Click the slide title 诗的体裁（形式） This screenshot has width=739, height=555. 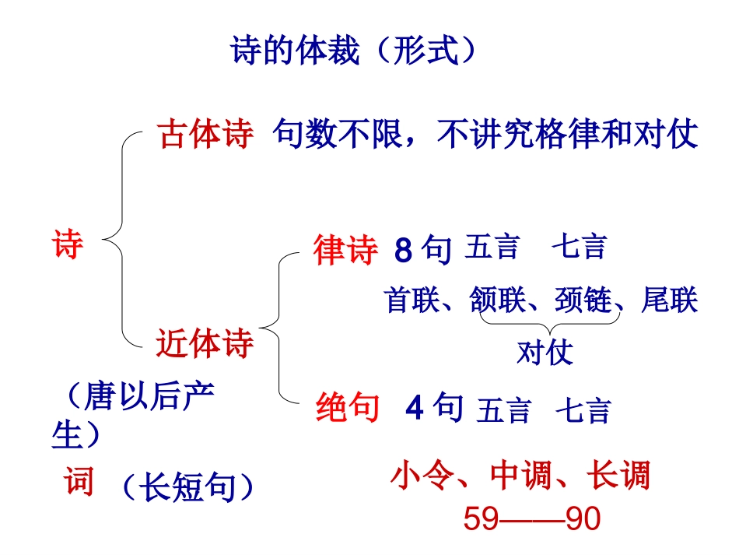[x=354, y=51]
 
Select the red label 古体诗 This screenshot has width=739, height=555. [x=205, y=134]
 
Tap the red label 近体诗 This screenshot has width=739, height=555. [x=205, y=343]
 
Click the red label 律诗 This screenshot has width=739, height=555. [x=345, y=251]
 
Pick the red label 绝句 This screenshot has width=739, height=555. [x=348, y=406]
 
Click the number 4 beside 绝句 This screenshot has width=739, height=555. [x=415, y=407]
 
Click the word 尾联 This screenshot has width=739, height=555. [x=670, y=300]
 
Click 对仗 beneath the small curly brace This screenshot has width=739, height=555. [x=545, y=353]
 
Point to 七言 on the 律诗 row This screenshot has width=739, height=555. [x=579, y=248]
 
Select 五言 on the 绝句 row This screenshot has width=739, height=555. [x=504, y=410]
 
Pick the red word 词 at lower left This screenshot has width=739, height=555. [x=79, y=483]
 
